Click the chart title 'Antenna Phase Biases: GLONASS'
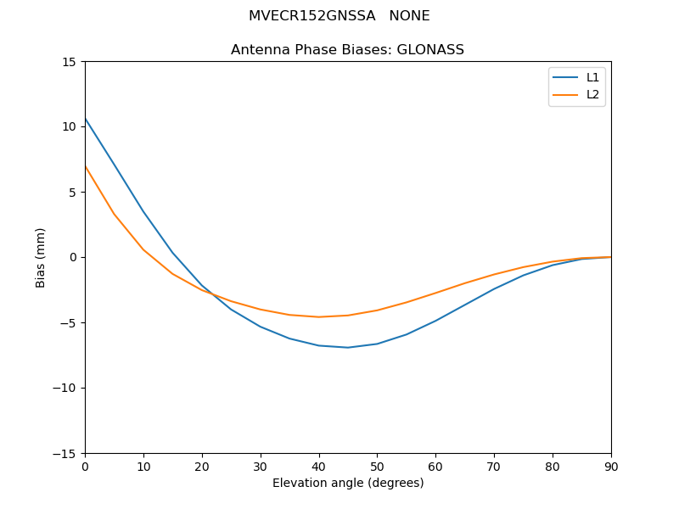click(347, 50)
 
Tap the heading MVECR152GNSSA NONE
click(339, 16)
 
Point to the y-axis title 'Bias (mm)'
click(41, 257)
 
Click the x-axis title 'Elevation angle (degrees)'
click(348, 484)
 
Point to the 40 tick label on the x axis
click(318, 466)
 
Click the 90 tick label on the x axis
click(610, 466)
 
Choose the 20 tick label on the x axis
click(202, 466)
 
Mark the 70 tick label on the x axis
click(494, 466)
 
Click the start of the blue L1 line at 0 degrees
click(86, 119)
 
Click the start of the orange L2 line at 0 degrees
click(86, 166)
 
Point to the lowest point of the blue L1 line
click(348, 347)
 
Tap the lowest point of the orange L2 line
click(318, 317)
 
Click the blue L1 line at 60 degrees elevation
click(435, 321)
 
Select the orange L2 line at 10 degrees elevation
click(143, 249)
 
